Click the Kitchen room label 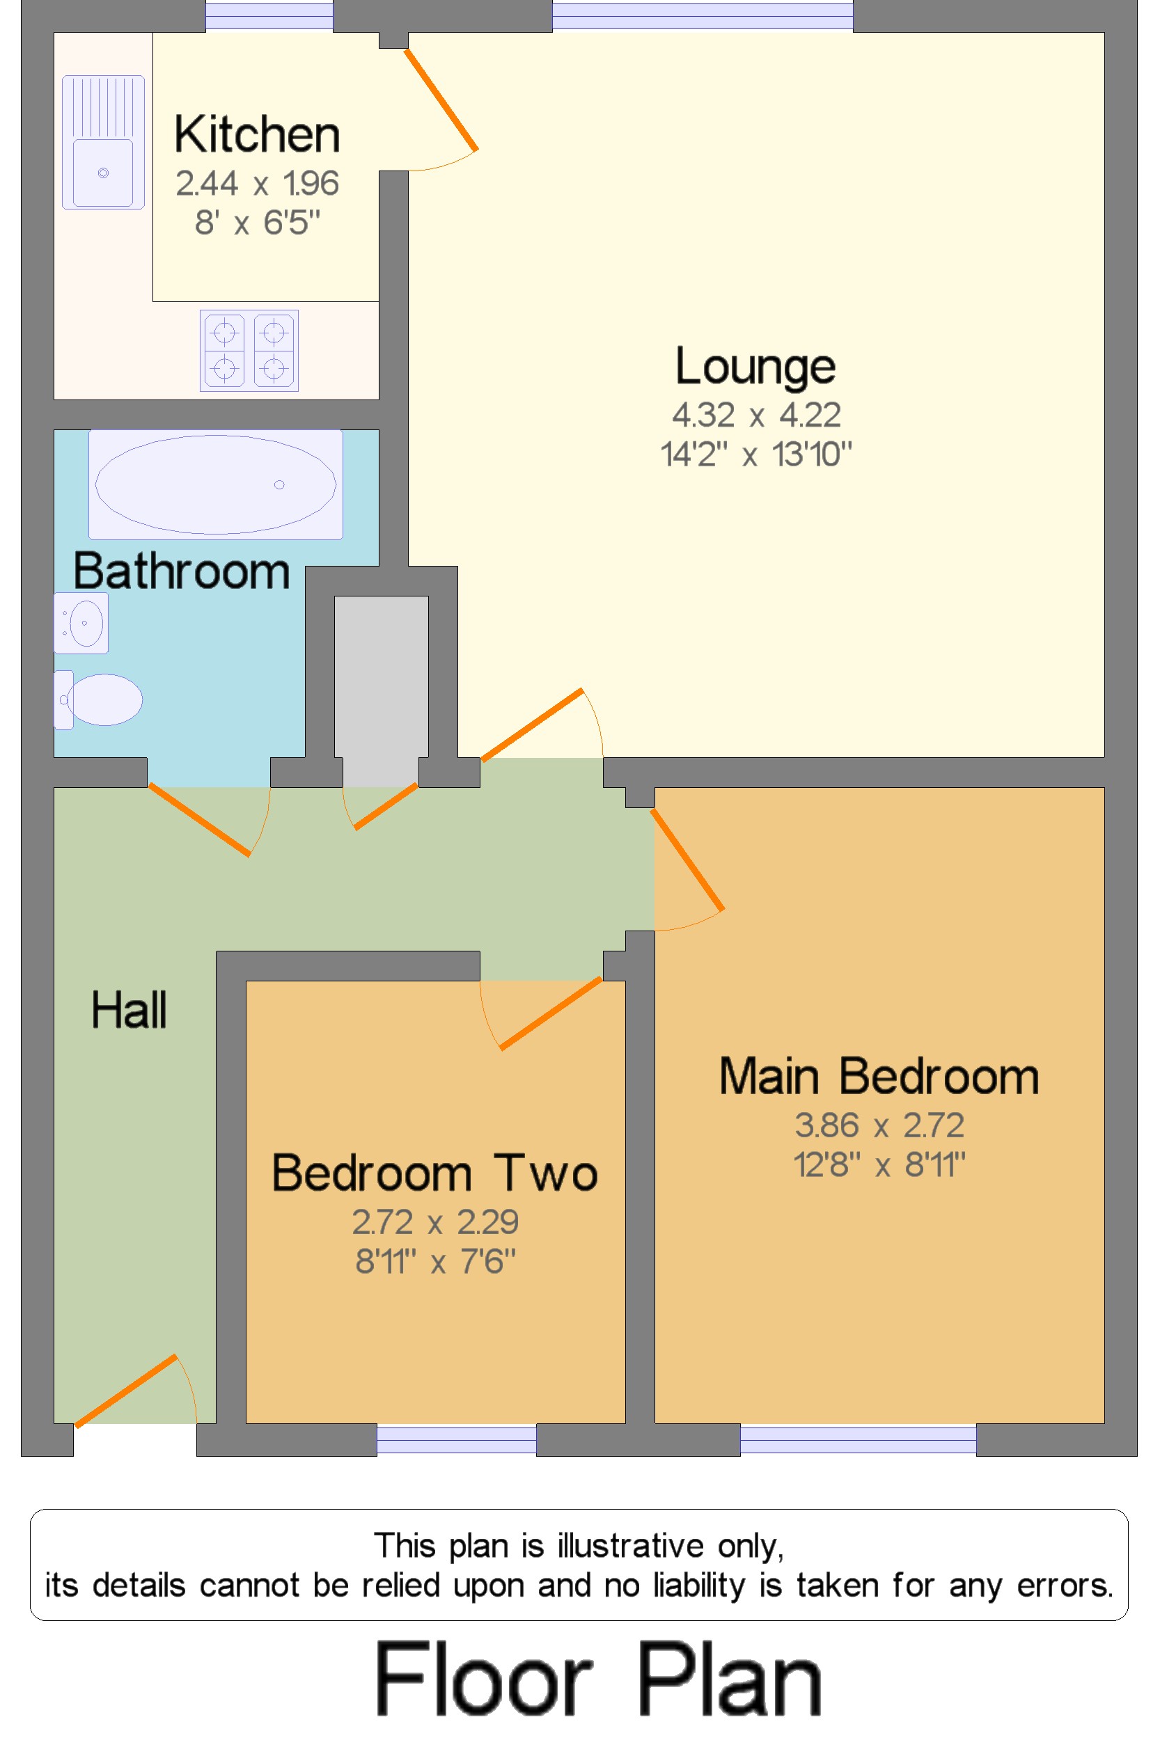(257, 134)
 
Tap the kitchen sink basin (103, 173)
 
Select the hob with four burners (249, 351)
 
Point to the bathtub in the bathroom (215, 484)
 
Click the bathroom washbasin (81, 623)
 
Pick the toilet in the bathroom (100, 699)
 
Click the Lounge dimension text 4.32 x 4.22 (755, 415)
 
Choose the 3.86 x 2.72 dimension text (879, 1125)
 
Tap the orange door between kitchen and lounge (441, 99)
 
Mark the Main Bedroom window (857, 1439)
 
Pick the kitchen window (269, 15)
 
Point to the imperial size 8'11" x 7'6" (435, 1261)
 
